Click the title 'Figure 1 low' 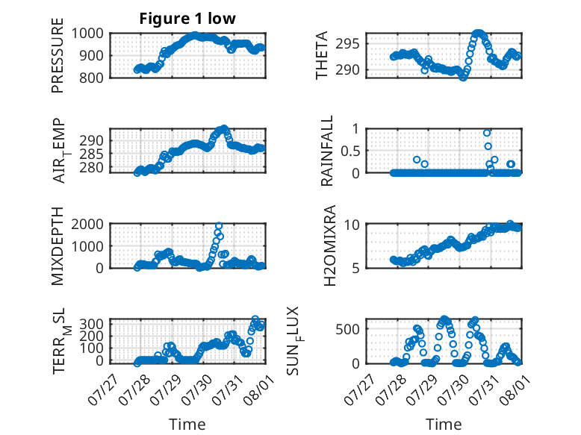coord(187,19)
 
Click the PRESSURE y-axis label coord(58,55)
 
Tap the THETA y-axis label coord(322,55)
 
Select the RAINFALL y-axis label coord(327,151)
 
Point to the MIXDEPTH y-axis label coord(58,245)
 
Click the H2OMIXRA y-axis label coord(329,245)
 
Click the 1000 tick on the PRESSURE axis coord(87,34)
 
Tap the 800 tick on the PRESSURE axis coord(91,78)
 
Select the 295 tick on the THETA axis coord(347,44)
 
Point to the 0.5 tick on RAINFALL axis coord(350,151)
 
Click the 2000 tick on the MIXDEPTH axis coord(87,224)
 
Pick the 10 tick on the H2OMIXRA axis coord(352,224)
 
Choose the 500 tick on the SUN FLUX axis coord(347,329)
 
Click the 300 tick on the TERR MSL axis coord(91,324)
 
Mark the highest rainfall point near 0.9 coord(487,133)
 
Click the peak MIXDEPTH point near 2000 coord(219,226)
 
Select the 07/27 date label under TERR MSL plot coord(102,389)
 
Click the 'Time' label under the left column coord(187,425)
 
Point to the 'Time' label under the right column coord(444,425)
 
